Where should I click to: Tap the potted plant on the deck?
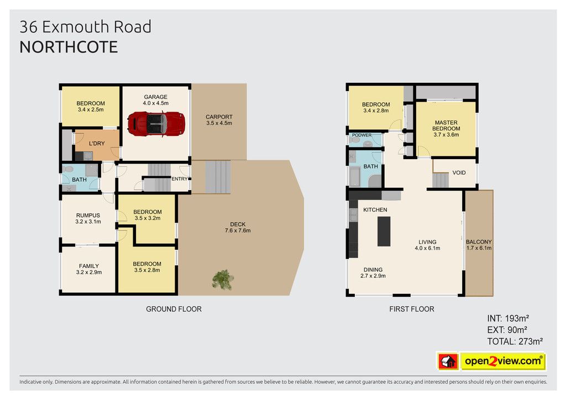pyautogui.click(x=223, y=280)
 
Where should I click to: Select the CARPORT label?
pyautogui.click(x=219, y=117)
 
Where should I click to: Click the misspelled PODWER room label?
pyautogui.click(x=361, y=135)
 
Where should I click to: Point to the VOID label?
pyautogui.click(x=459, y=173)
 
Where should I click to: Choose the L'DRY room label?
pyautogui.click(x=97, y=144)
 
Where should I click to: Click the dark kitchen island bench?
pyautogui.click(x=384, y=231)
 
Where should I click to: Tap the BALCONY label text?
pyautogui.click(x=479, y=242)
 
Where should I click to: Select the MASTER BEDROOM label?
pyautogui.click(x=446, y=125)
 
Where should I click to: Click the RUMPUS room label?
pyautogui.click(x=88, y=215)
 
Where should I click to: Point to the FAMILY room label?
pyautogui.click(x=89, y=266)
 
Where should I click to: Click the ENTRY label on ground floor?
pyautogui.click(x=180, y=179)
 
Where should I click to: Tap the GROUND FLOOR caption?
pyautogui.click(x=174, y=309)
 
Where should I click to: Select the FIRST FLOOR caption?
pyautogui.click(x=411, y=309)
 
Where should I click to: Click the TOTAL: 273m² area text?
pyautogui.click(x=515, y=341)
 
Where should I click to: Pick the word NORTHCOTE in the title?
pyautogui.click(x=69, y=48)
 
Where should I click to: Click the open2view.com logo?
pyautogui.click(x=491, y=361)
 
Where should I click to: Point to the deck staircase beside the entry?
pyautogui.click(x=218, y=177)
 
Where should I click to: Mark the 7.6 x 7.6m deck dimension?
pyautogui.click(x=238, y=230)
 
